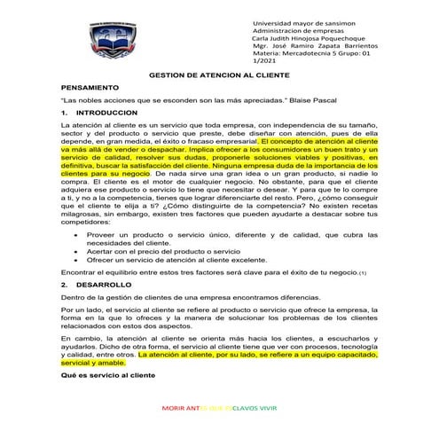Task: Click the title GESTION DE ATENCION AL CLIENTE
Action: click(x=219, y=77)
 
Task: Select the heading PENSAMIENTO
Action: click(x=90, y=90)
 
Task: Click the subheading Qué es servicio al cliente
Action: click(x=107, y=375)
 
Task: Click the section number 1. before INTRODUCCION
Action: click(x=64, y=115)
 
